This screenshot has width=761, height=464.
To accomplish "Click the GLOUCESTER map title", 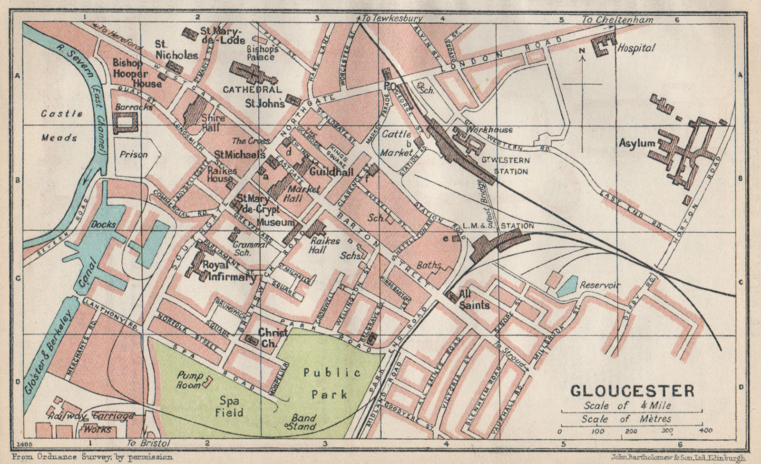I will pyautogui.click(x=632, y=391).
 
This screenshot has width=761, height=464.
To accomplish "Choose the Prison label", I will pyautogui.click(x=134, y=154).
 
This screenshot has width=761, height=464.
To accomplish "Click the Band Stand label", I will pyautogui.click(x=303, y=422).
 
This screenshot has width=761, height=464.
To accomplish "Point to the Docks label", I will pyautogui.click(x=104, y=224).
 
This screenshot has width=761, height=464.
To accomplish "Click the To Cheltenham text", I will pyautogui.click(x=617, y=20).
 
